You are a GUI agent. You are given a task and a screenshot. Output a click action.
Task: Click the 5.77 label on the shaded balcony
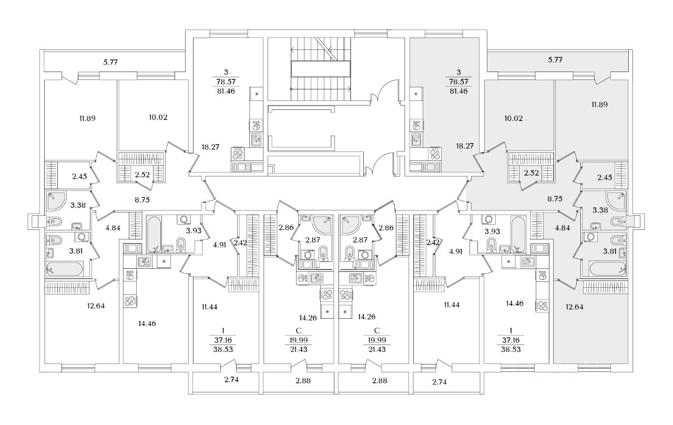[x=555, y=60]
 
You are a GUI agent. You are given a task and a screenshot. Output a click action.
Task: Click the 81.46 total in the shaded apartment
[x=458, y=91]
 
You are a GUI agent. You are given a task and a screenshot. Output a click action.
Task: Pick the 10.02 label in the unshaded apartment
[x=158, y=117]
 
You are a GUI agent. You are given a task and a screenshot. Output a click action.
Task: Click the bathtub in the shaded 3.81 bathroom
[x=607, y=269]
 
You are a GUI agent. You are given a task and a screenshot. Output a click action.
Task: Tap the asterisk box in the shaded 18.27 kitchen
[x=416, y=94]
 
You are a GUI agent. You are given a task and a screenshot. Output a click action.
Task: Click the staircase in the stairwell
[x=321, y=68]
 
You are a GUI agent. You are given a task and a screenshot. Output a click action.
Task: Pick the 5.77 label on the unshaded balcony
[x=110, y=62]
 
